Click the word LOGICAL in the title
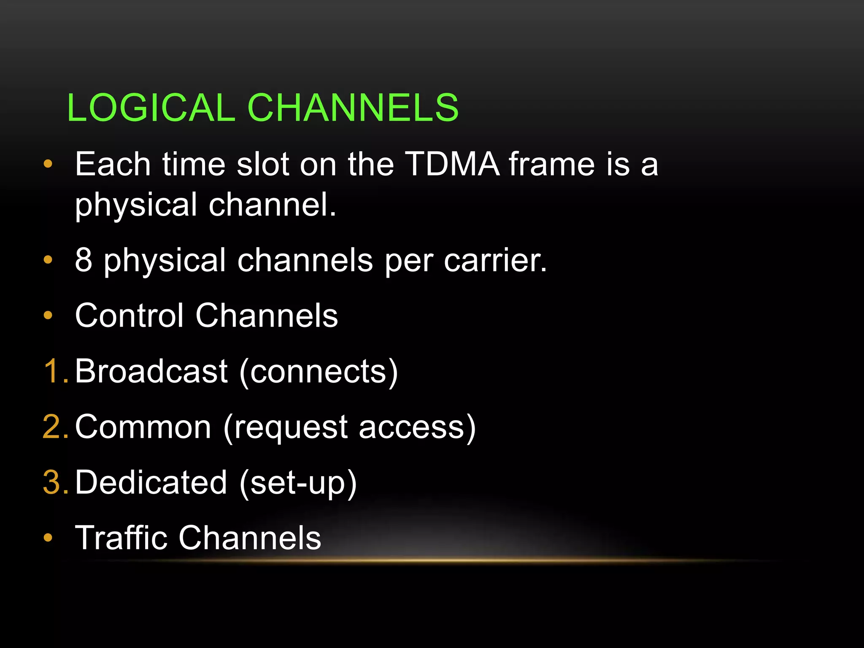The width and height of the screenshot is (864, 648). pos(151,108)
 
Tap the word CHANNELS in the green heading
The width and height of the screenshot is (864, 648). pos(353,108)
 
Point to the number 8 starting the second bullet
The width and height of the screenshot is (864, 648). pos(84,260)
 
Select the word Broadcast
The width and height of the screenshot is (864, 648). pos(151,371)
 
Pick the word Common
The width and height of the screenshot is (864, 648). pos(143,427)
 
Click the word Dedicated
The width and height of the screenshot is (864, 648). pos(151,482)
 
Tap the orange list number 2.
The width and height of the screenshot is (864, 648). pos(53,427)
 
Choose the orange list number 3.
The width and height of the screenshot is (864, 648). pos(53,482)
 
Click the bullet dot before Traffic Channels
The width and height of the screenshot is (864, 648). pos(48,537)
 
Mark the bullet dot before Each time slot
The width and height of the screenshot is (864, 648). pos(48,164)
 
